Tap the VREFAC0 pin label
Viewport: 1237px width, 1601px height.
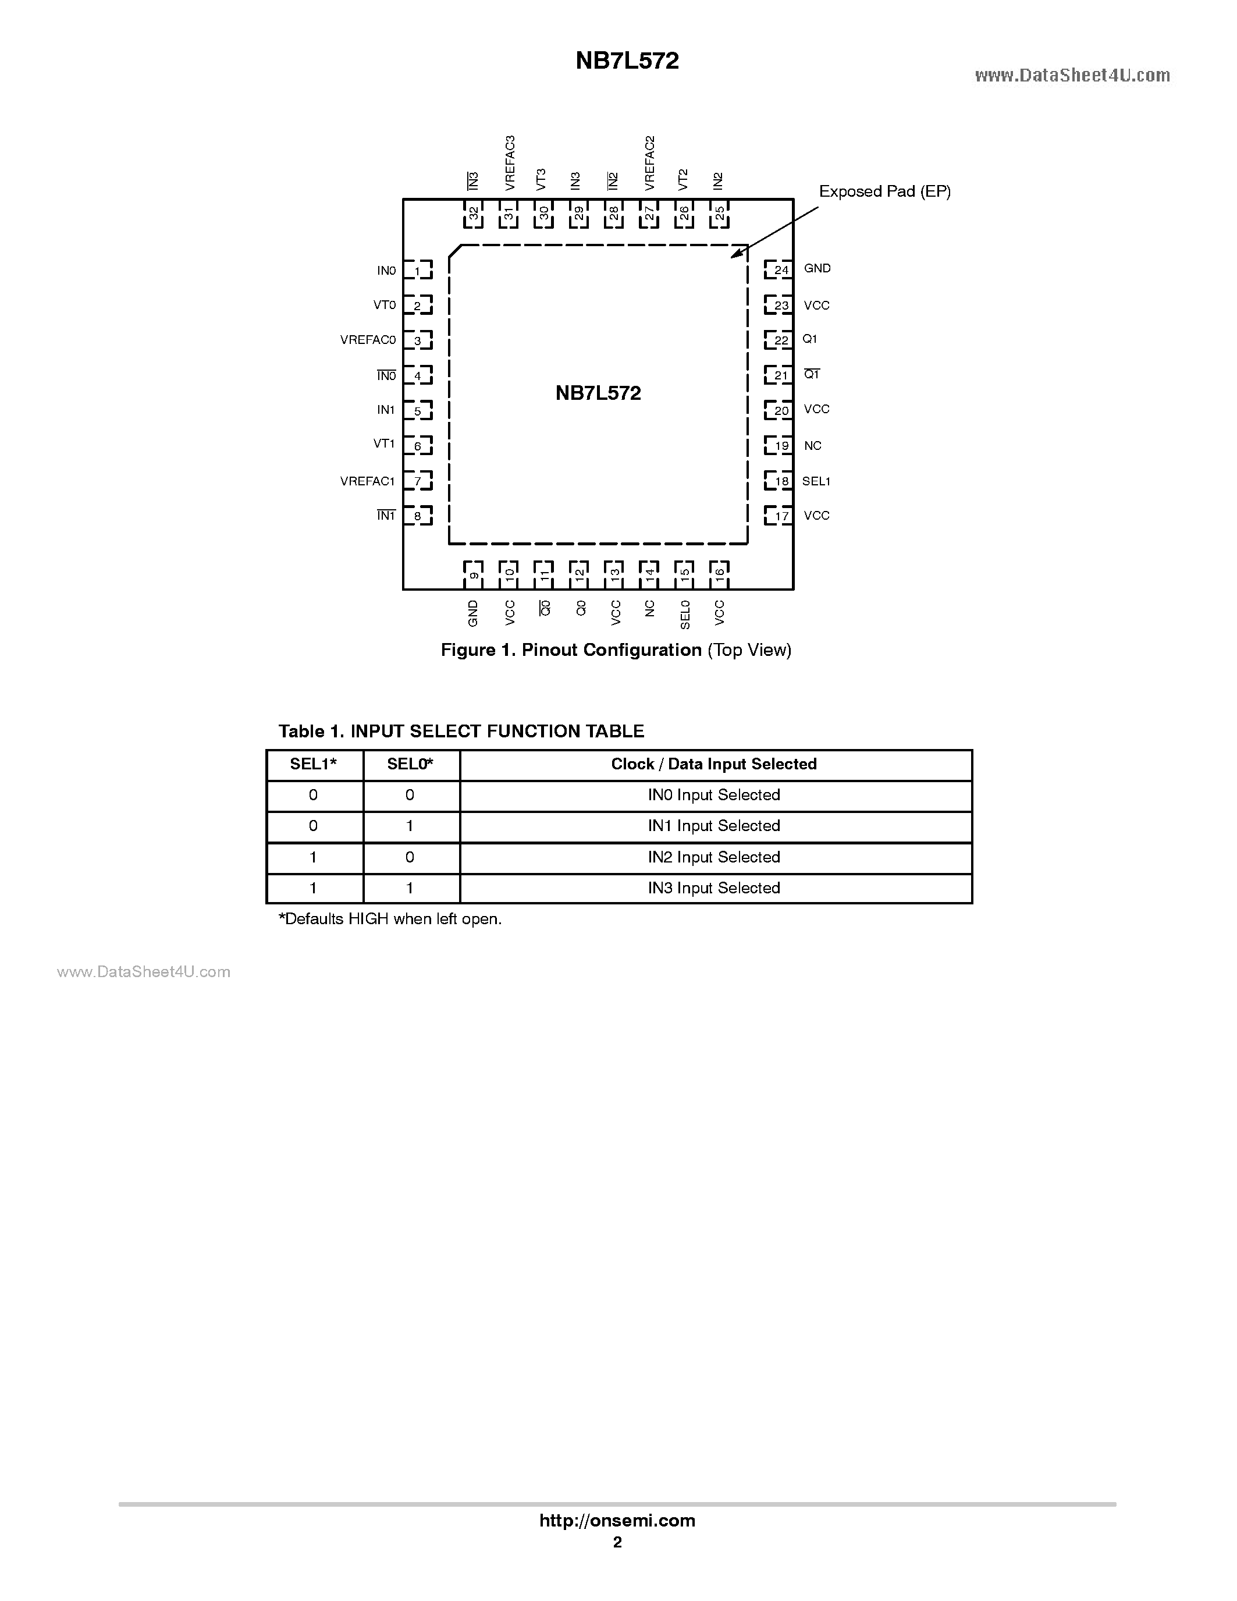[x=367, y=340]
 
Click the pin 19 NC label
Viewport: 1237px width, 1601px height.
[x=812, y=446]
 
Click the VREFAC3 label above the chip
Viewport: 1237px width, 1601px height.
[x=510, y=163]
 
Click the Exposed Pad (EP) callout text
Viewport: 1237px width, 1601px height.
[x=884, y=191]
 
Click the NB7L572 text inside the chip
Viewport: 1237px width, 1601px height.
[x=598, y=393]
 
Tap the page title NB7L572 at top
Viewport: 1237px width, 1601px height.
[x=627, y=61]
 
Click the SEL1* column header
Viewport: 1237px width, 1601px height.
[x=314, y=765]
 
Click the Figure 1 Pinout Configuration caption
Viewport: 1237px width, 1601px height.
[x=616, y=650]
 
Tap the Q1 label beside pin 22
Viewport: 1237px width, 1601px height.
[x=809, y=339]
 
